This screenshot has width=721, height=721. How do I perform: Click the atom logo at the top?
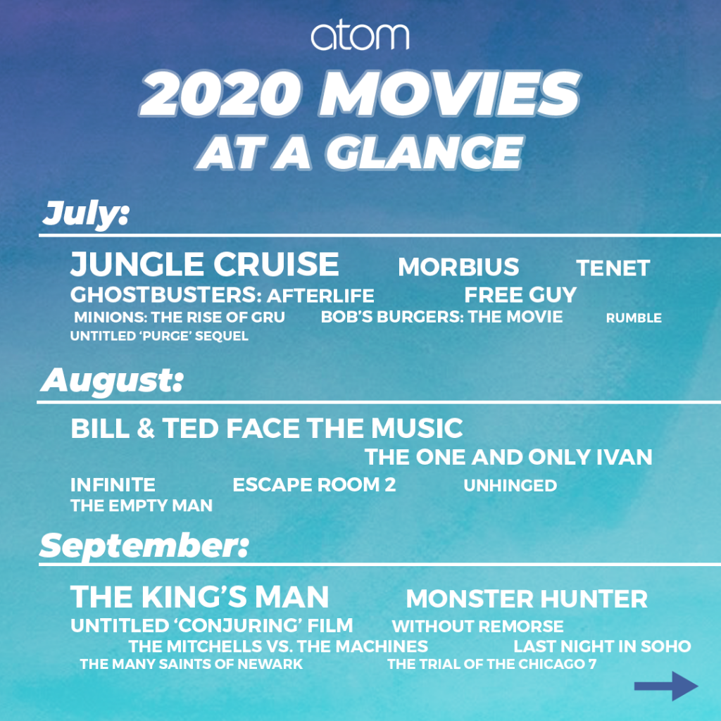(x=360, y=36)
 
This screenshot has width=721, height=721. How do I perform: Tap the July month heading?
(x=86, y=214)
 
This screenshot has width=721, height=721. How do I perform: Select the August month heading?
(x=112, y=381)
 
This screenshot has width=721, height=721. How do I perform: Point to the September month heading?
(x=144, y=546)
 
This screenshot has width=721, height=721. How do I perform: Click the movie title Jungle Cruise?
(x=205, y=264)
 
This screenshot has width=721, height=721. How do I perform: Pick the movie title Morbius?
(x=458, y=267)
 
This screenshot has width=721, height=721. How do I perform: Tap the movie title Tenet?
(x=613, y=268)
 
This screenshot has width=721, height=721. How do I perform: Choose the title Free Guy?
(x=520, y=295)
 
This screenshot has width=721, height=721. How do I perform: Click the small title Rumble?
(x=634, y=318)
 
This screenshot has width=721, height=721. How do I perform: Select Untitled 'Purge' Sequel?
(x=159, y=336)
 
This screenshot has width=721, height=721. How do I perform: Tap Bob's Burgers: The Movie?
(x=441, y=317)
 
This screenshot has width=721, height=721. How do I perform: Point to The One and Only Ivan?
(x=508, y=457)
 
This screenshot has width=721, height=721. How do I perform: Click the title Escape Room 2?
(x=314, y=485)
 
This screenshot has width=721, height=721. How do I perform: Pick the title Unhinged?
(x=510, y=486)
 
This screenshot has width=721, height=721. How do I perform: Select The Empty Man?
(x=142, y=506)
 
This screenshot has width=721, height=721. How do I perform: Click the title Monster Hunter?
(x=527, y=598)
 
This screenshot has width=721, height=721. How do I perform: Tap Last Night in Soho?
(x=602, y=646)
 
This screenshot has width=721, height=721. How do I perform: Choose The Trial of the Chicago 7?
(x=491, y=664)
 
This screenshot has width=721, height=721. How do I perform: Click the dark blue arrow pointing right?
(x=666, y=686)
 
